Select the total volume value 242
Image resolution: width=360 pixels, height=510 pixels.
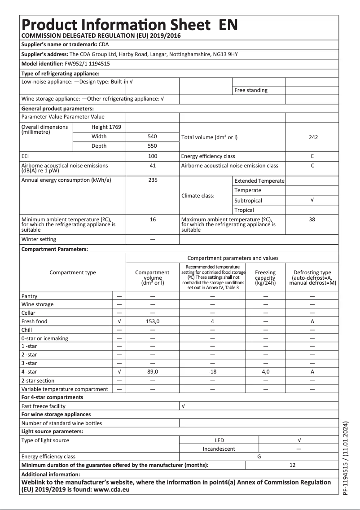pyautogui.click(x=313, y=137)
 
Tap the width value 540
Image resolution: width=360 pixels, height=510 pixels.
pyautogui.click(x=152, y=136)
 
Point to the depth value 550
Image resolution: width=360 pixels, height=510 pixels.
pyautogui.click(x=152, y=146)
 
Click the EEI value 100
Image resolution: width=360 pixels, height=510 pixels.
pyautogui.click(x=152, y=156)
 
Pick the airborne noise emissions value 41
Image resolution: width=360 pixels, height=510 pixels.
pyautogui.click(x=152, y=166)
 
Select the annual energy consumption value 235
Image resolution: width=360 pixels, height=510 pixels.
pyautogui.click(x=152, y=180)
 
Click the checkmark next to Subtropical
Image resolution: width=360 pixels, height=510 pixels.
pyautogui.click(x=312, y=200)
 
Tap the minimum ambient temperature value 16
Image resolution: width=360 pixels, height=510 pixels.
pyautogui.click(x=152, y=220)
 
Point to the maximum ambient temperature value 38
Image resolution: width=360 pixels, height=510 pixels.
pyautogui.click(x=312, y=220)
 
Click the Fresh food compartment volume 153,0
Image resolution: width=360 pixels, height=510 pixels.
pyautogui.click(x=152, y=321)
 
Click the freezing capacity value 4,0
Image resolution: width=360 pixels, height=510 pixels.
pyautogui.click(x=265, y=372)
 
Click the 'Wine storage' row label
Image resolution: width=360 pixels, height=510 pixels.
pyautogui.click(x=37, y=304)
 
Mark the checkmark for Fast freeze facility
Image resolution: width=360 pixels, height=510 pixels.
pyautogui.click(x=183, y=406)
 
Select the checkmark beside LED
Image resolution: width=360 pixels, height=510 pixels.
pyautogui.click(x=299, y=440)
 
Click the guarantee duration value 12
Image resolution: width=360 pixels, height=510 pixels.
pyautogui.click(x=292, y=465)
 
